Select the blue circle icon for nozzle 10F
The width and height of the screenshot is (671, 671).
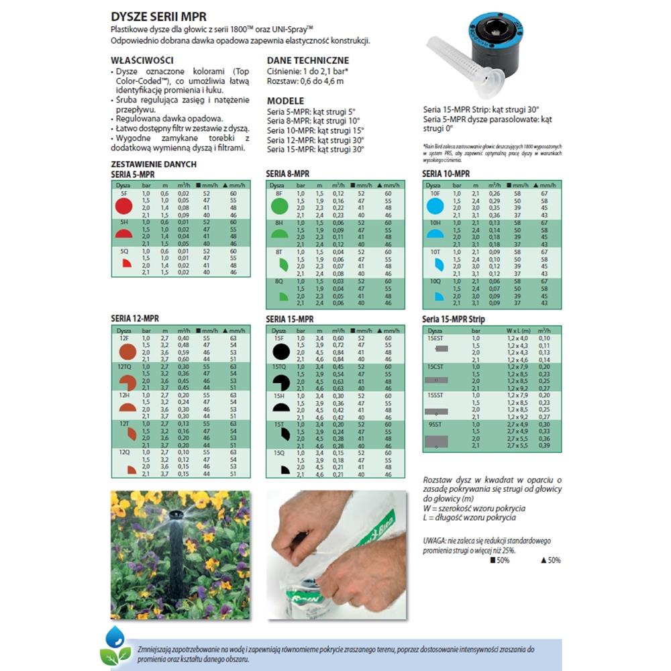(435, 205)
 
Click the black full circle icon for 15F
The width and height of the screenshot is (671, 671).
(280, 351)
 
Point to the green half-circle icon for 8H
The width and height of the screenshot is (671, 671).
(280, 235)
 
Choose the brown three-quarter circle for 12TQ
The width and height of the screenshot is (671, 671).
(127, 382)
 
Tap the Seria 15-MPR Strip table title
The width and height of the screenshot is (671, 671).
(453, 319)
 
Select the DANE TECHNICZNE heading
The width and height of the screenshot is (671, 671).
(307, 60)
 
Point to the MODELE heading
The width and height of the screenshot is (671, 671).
(285, 101)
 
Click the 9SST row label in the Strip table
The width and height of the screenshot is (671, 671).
(435, 425)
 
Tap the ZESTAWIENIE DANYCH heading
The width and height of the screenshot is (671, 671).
(153, 164)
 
